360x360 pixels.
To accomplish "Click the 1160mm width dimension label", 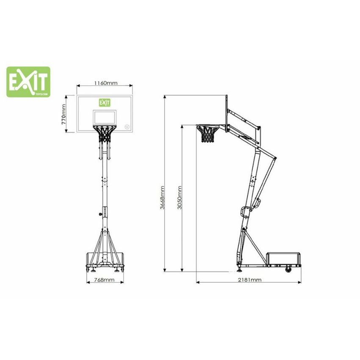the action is [x=105, y=83].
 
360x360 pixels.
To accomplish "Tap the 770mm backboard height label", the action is [x=64, y=114].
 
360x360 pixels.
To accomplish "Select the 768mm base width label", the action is [x=104, y=280].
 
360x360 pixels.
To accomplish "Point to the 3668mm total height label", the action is [x=162, y=197].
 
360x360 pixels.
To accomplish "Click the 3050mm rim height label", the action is [x=180, y=197].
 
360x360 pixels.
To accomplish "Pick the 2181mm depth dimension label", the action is [x=249, y=280].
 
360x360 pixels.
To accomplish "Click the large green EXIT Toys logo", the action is [x=28, y=82].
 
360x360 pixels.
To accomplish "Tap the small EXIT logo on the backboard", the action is [x=105, y=102].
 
